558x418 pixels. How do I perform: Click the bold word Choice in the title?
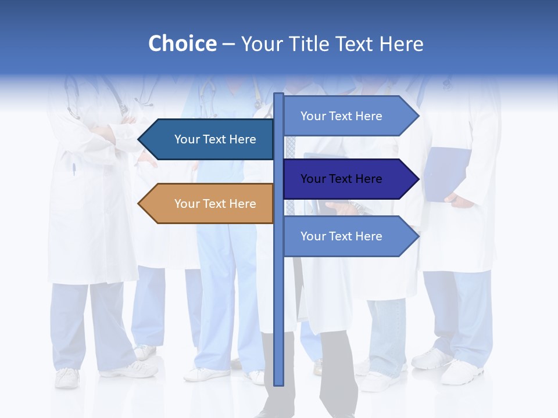[182, 44]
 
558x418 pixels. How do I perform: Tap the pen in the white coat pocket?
[74, 170]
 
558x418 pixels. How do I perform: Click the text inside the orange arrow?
[215, 204]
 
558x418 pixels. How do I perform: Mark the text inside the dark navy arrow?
[341, 179]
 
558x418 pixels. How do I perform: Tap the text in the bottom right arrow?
[341, 236]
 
